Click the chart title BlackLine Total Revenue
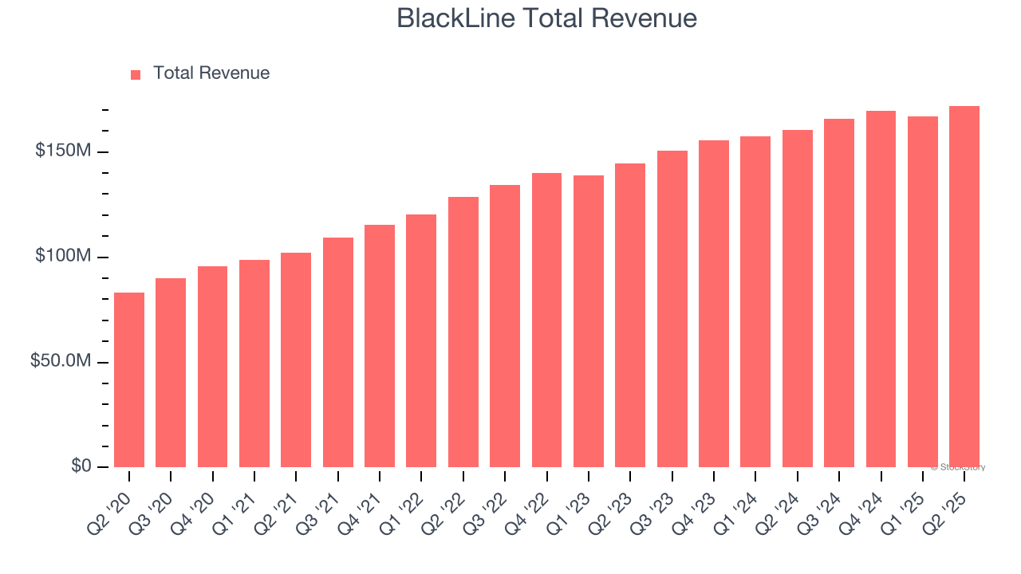click(x=547, y=18)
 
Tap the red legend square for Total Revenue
click(x=136, y=74)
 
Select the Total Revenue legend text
click(x=211, y=73)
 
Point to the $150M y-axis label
click(x=62, y=151)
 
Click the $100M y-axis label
click(x=62, y=257)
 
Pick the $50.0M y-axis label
click(x=60, y=361)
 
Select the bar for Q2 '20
click(x=129, y=379)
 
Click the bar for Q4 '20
click(x=213, y=367)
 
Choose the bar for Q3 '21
click(x=338, y=352)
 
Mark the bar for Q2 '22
click(x=463, y=332)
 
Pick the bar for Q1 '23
click(x=589, y=321)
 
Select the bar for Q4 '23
click(x=714, y=304)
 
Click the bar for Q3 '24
click(x=839, y=293)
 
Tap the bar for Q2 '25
click(x=964, y=287)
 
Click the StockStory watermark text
click(x=958, y=467)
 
